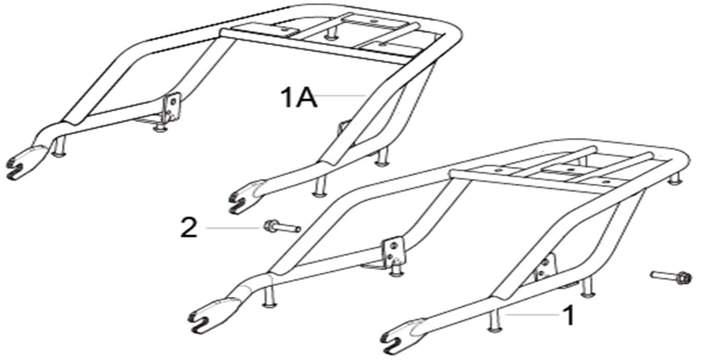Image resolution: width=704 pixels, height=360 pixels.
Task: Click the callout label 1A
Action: [x=299, y=98]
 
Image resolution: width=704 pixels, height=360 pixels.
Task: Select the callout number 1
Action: [x=569, y=315]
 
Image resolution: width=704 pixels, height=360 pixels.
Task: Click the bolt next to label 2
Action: [x=282, y=226]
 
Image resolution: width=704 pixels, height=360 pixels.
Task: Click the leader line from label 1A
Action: [x=342, y=95]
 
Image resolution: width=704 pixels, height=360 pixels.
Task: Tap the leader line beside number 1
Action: [x=533, y=314]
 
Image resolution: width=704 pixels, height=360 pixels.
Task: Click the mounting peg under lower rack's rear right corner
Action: [x=676, y=179]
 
